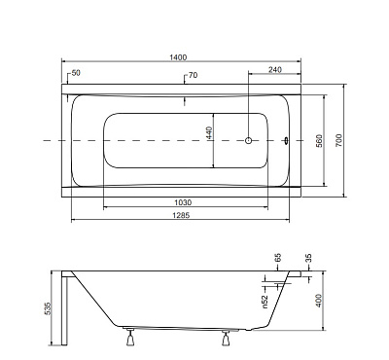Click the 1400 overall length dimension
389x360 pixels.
pos(178,57)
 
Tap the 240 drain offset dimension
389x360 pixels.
pos(275,69)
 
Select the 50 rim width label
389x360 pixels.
pos(76,73)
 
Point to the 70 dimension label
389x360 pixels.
pos(193,75)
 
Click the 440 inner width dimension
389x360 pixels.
pos(208,133)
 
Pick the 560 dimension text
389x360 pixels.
pos(319,141)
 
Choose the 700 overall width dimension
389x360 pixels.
pos(338,140)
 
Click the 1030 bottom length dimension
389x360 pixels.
pos(183,202)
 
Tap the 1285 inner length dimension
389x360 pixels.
pos(182,215)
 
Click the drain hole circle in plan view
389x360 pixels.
pos(248,141)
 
